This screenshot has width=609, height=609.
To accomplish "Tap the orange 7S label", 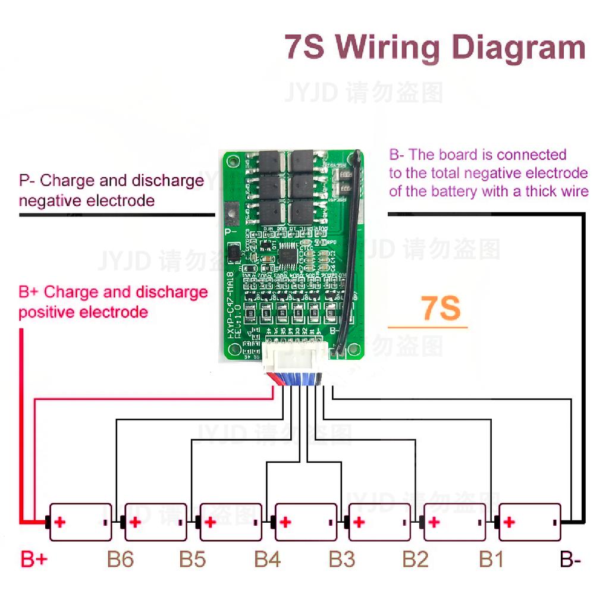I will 441,309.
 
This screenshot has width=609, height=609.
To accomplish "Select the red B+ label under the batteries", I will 34,560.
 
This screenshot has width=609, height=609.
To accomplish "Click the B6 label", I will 120,560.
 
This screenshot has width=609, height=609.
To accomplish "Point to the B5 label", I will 193,560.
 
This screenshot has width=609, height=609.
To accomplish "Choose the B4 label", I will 268,560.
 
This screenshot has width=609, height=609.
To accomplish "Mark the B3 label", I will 342,560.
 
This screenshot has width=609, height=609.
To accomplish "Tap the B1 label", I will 491,560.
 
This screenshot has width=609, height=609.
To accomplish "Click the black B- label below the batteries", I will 570,560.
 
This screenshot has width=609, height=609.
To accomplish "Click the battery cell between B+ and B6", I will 80,522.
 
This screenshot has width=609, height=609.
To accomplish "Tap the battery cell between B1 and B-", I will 529,522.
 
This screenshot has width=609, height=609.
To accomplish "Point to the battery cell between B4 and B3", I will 306,522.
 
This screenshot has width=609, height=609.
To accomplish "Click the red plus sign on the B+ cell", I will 59,522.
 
